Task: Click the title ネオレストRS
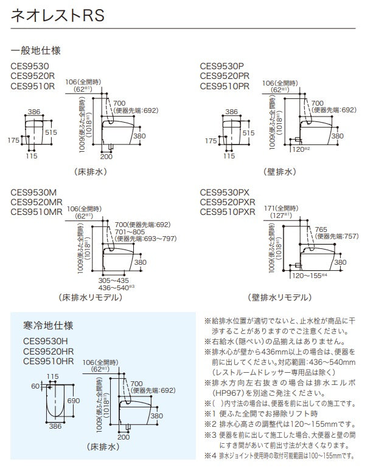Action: pyautogui.click(x=58, y=16)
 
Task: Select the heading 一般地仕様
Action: pyautogui.click(x=35, y=50)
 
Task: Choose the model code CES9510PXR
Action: pyautogui.click(x=227, y=212)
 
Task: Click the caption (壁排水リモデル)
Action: pyautogui.click(x=279, y=297)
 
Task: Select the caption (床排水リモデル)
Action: pyautogui.click(x=89, y=297)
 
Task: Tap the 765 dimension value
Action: pyautogui.click(x=322, y=229)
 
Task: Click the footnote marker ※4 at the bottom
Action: pyautogui.click(x=207, y=455)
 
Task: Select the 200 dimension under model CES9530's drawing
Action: pyautogui.click(x=106, y=156)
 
